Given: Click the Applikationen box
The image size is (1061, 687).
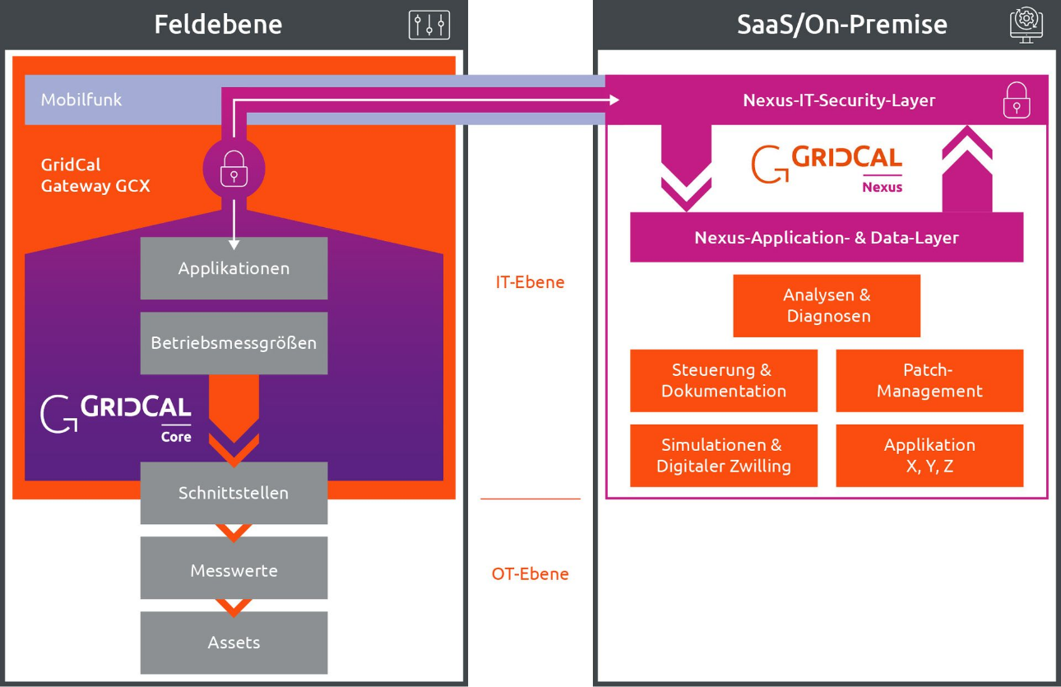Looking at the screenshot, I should tap(234, 268).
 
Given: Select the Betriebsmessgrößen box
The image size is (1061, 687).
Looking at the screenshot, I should tap(234, 343).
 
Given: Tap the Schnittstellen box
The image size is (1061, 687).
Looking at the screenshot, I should tap(234, 493).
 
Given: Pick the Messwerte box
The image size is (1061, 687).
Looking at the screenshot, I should tap(234, 569).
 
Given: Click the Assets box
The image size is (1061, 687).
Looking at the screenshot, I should tap(234, 643).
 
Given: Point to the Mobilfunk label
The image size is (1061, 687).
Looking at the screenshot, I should tap(81, 100).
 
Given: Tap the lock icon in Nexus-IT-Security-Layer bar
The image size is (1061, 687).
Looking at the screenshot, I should tap(1017, 100).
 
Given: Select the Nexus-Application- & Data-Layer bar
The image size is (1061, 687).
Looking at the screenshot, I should tap(827, 238).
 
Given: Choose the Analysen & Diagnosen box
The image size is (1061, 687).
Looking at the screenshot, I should tap(827, 305).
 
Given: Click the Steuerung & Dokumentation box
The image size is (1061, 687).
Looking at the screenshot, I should tap(724, 380).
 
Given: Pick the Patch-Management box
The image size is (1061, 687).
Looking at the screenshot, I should tap(929, 380).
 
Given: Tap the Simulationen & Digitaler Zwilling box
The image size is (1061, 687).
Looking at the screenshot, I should tap(724, 455).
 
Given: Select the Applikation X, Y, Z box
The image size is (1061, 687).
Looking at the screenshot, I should tap(929, 455).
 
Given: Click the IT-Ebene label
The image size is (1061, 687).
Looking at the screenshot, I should tap(530, 282).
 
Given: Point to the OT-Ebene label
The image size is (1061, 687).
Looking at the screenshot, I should tap(530, 573).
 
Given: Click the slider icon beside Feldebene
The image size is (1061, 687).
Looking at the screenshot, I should tap(429, 25).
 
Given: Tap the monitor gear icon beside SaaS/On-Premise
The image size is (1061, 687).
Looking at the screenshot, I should tap(1026, 24).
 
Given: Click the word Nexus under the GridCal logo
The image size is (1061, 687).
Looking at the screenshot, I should tap(882, 187).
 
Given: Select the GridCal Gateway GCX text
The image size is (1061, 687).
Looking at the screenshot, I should tap(95, 175).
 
